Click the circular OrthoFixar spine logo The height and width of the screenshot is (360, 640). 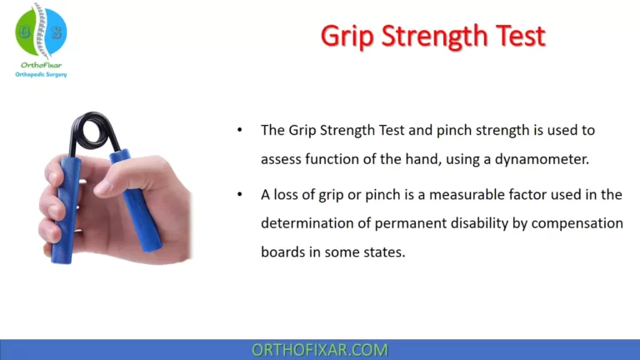(41, 32)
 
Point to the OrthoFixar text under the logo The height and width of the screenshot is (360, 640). (41, 65)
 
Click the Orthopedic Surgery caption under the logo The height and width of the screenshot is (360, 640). (41, 75)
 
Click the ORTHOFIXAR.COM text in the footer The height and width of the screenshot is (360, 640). (320, 350)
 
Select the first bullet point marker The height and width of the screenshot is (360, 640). (240, 131)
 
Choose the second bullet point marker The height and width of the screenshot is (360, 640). (240, 194)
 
